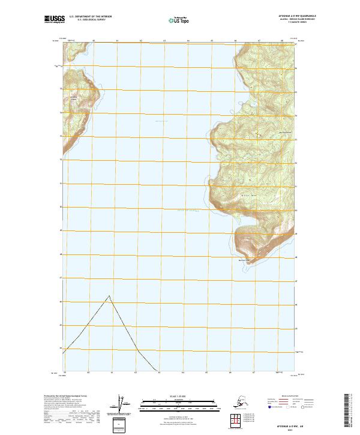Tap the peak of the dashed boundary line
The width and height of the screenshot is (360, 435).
(x=109, y=295)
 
